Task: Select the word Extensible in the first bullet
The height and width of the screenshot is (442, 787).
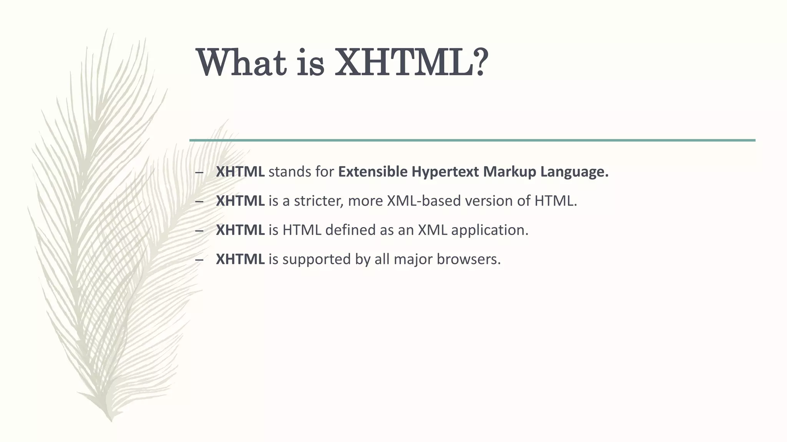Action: pos(373,172)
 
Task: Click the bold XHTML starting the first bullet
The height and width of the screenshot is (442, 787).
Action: pos(240,172)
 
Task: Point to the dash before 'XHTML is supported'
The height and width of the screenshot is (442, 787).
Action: pos(199,260)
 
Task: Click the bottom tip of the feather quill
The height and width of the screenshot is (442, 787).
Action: pos(111,421)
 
